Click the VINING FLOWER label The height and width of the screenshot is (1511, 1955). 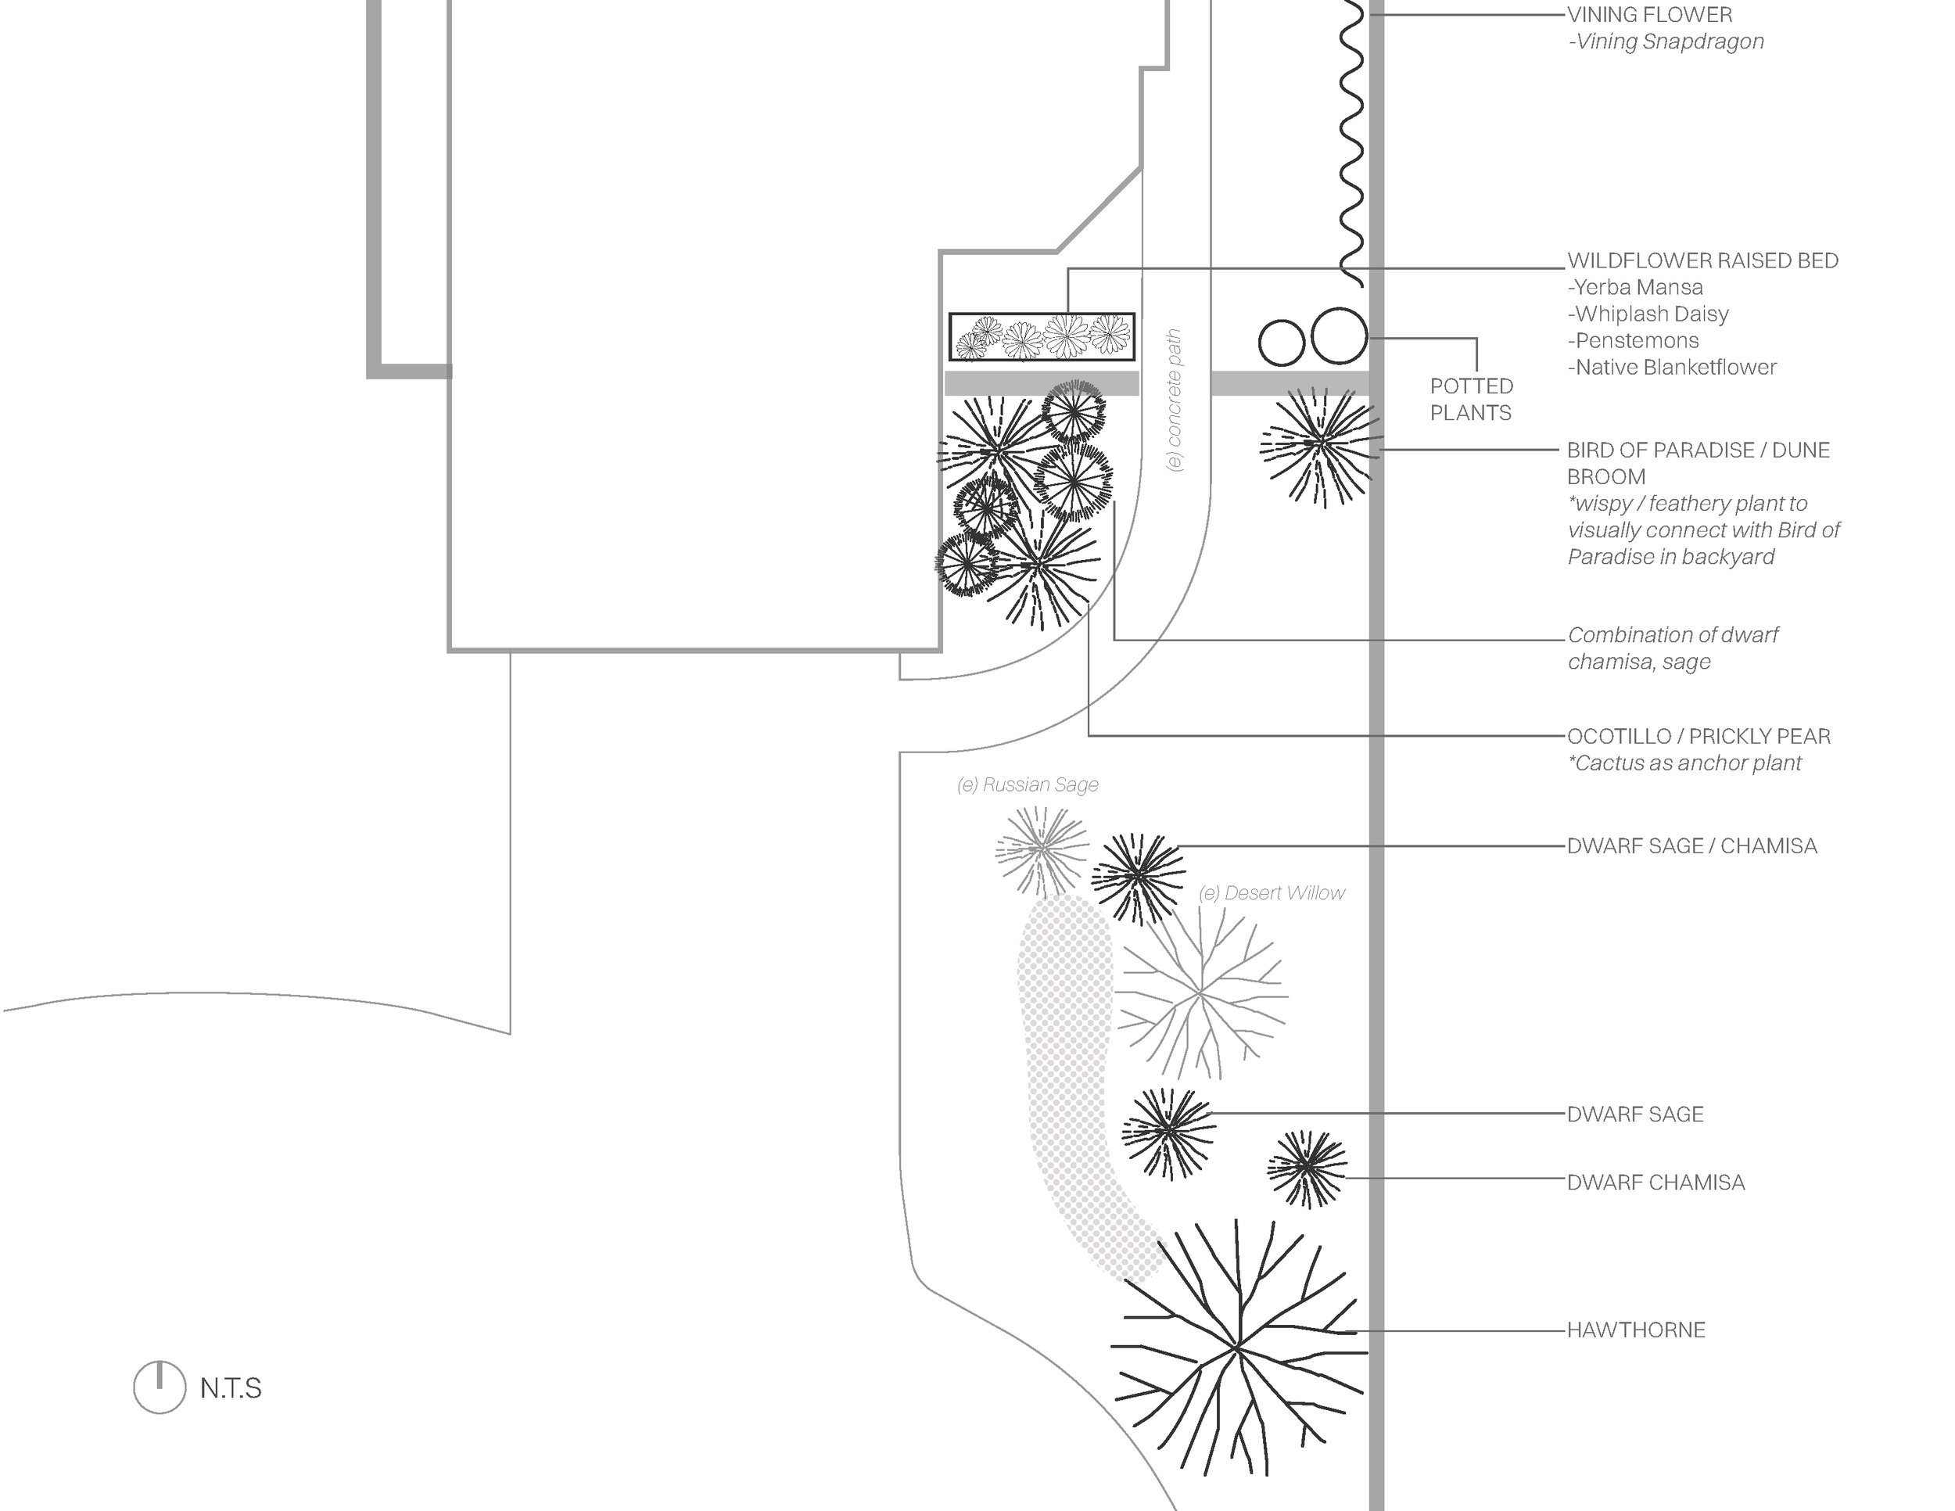(1650, 15)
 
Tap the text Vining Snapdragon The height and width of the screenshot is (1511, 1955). (1666, 42)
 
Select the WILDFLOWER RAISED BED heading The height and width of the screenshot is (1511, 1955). (1702, 261)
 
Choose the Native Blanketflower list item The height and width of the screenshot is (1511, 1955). (1671, 368)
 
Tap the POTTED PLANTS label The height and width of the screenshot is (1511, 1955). (1471, 399)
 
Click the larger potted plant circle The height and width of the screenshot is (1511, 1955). (1339, 336)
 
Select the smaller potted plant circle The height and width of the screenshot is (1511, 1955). (1281, 342)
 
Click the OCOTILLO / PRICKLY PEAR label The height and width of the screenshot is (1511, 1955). (1698, 737)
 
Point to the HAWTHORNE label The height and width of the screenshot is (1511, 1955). (1635, 1330)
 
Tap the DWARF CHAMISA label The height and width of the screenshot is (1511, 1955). (1655, 1183)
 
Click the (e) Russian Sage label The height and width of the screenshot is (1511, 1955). (1028, 785)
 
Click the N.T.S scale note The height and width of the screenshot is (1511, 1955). (231, 1388)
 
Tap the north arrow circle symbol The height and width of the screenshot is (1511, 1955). (160, 1387)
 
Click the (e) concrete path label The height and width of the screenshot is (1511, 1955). (1175, 400)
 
